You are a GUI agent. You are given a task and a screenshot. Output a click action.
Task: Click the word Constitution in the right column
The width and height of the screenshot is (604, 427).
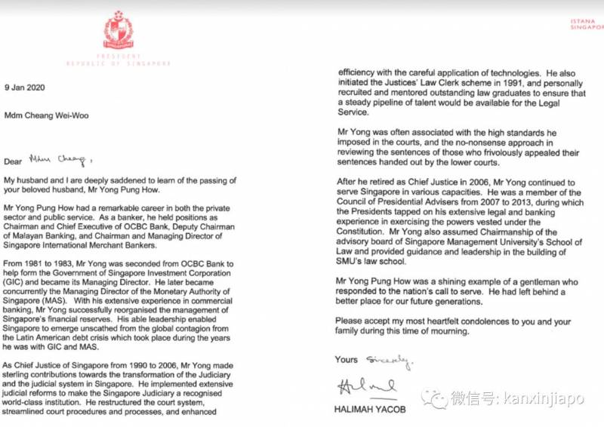click(364, 232)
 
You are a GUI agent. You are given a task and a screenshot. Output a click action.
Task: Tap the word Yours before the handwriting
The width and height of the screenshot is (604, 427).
click(347, 360)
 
